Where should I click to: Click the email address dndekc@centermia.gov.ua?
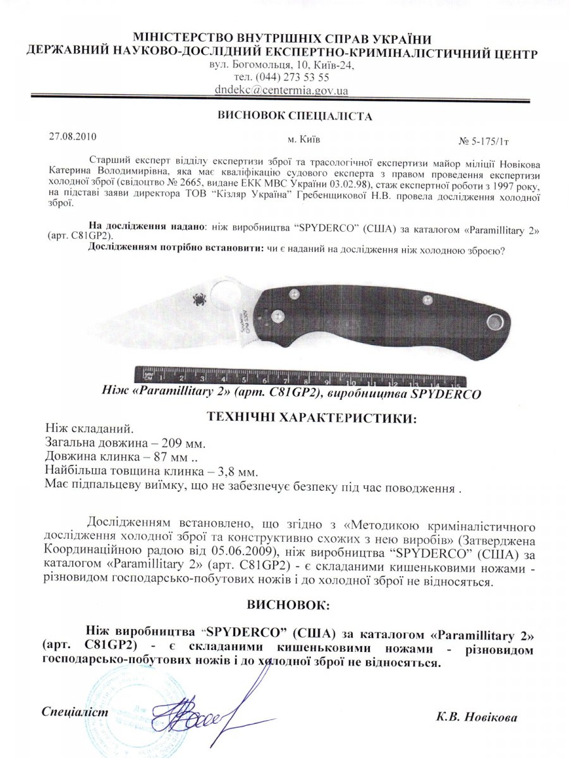click(x=281, y=90)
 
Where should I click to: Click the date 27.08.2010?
click(x=73, y=135)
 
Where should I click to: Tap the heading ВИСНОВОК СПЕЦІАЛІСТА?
click(x=286, y=116)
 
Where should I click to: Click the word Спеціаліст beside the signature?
click(x=75, y=712)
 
